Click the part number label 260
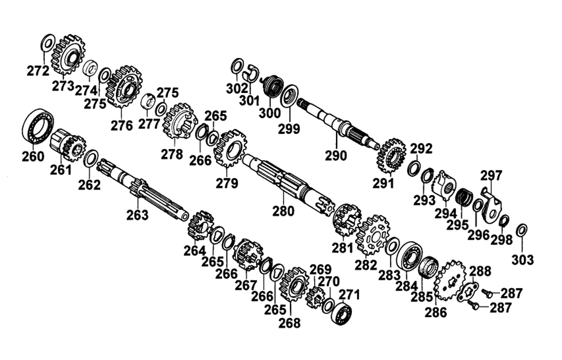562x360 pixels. tap(33, 157)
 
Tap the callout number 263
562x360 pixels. tap(137, 215)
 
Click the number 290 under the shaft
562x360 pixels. tap(336, 156)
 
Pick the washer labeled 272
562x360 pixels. tap(48, 43)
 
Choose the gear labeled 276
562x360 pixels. tap(124, 87)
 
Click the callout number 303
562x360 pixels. tap(523, 259)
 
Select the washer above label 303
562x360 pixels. tap(522, 230)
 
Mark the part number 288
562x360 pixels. tap(480, 271)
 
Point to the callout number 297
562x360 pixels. tap(491, 175)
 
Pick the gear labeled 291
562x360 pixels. tap(391, 157)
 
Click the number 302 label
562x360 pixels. tap(237, 88)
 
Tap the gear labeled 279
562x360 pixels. tap(230, 148)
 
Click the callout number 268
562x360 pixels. tap(289, 323)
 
